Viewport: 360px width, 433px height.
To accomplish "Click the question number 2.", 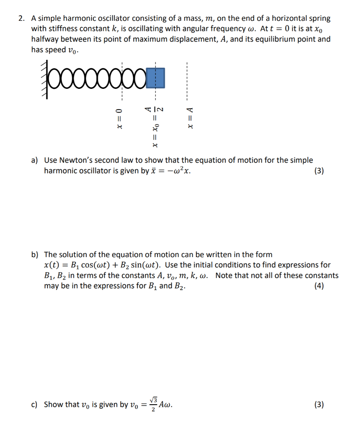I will coord(21,19).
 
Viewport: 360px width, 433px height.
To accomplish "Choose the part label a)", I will coord(35,160).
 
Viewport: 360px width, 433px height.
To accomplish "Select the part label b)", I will coord(35,255).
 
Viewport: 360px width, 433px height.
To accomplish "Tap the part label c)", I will coord(35,405).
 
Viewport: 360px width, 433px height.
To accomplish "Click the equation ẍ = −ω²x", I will coord(173,171).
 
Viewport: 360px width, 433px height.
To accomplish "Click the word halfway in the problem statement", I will coord(46,39).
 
